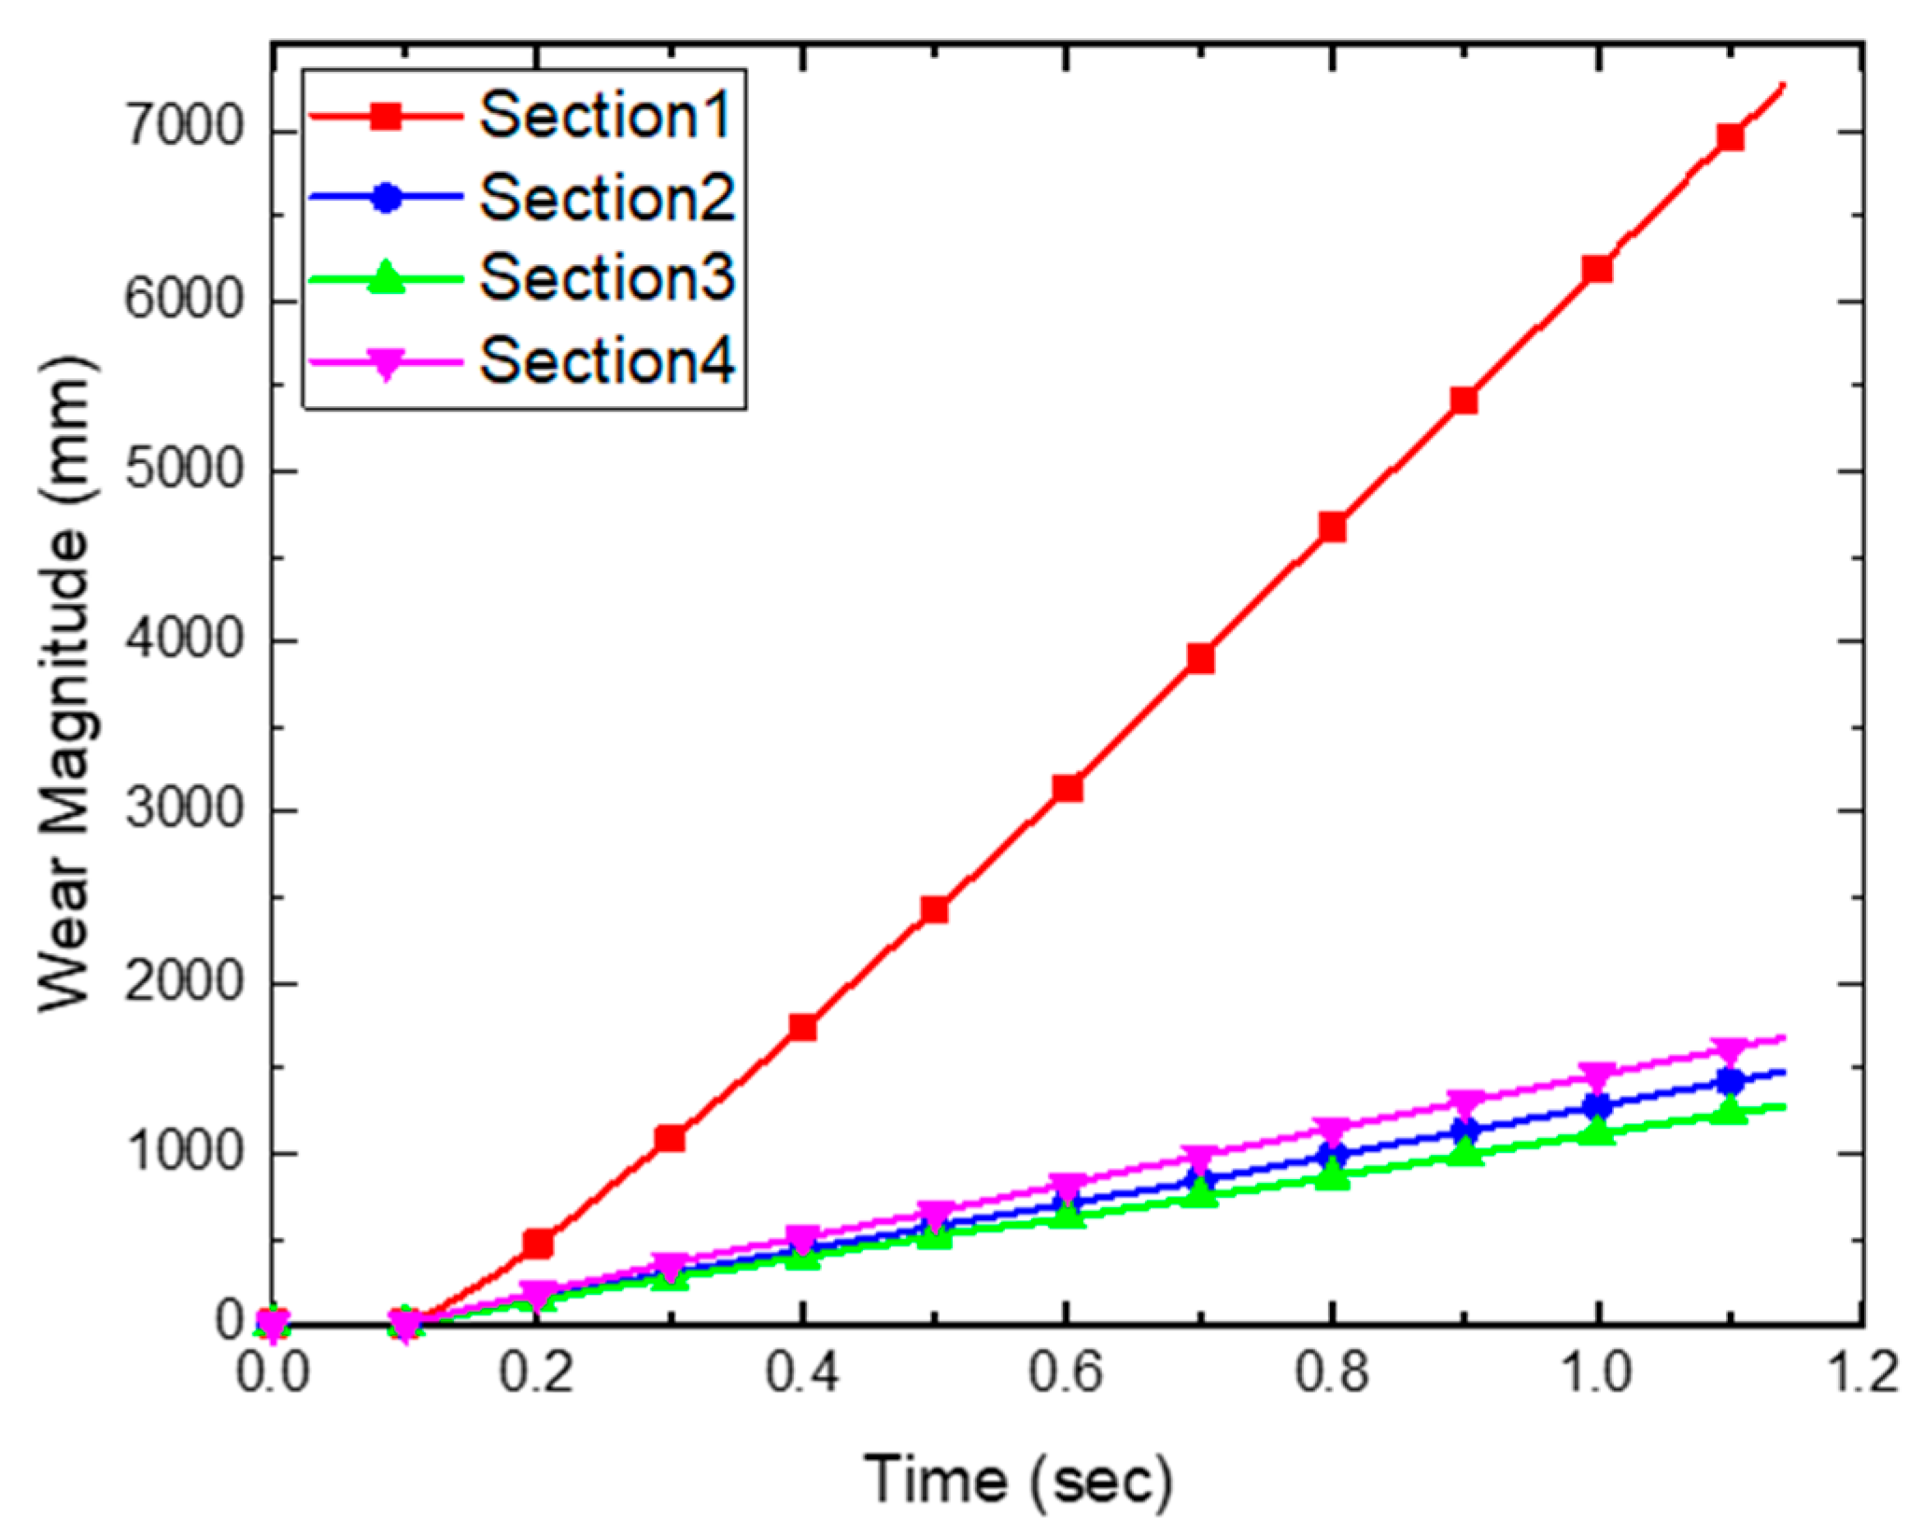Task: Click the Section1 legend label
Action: (x=605, y=116)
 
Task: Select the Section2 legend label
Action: (x=607, y=197)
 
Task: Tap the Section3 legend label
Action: (x=607, y=278)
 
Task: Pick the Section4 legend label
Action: (x=607, y=360)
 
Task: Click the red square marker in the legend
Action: (x=386, y=117)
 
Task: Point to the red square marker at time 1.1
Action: (x=1730, y=137)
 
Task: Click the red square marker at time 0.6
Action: (x=1068, y=788)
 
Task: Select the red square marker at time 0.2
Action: (x=538, y=1244)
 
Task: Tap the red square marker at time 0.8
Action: (x=1333, y=527)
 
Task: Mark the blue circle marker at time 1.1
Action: (x=1730, y=1082)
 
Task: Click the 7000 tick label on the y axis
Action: (x=184, y=128)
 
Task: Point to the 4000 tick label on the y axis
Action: (x=184, y=640)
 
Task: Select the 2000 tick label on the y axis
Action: (x=184, y=982)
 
